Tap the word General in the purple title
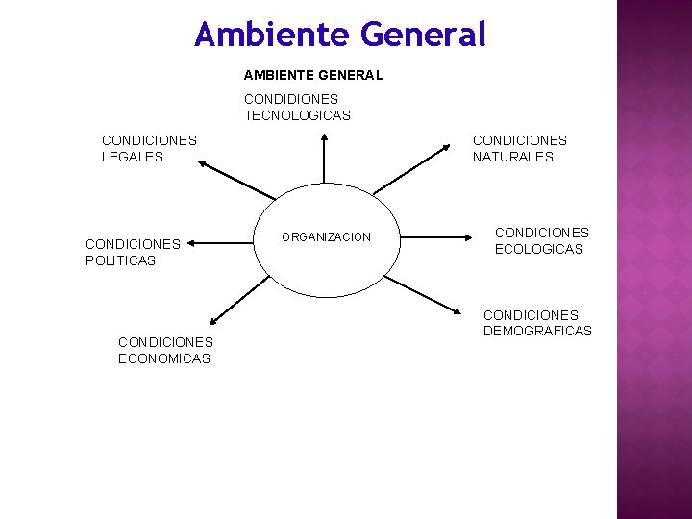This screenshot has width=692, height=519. [424, 36]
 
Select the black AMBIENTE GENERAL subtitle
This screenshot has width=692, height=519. [313, 75]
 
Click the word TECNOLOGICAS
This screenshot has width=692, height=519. [297, 115]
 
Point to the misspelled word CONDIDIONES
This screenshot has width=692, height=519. [291, 99]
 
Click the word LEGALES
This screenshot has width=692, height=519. [133, 157]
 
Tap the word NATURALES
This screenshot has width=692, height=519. [513, 157]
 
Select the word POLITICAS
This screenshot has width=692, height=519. [120, 260]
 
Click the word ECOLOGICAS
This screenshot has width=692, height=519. [539, 249]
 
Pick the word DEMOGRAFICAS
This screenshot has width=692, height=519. [537, 332]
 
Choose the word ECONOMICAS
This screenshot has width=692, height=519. [164, 358]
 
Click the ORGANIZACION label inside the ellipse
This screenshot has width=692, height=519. [326, 237]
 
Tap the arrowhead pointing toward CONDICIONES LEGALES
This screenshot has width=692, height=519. [202, 164]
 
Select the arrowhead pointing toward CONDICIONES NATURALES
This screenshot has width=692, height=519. [447, 147]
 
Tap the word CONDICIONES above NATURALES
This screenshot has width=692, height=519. [519, 140]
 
